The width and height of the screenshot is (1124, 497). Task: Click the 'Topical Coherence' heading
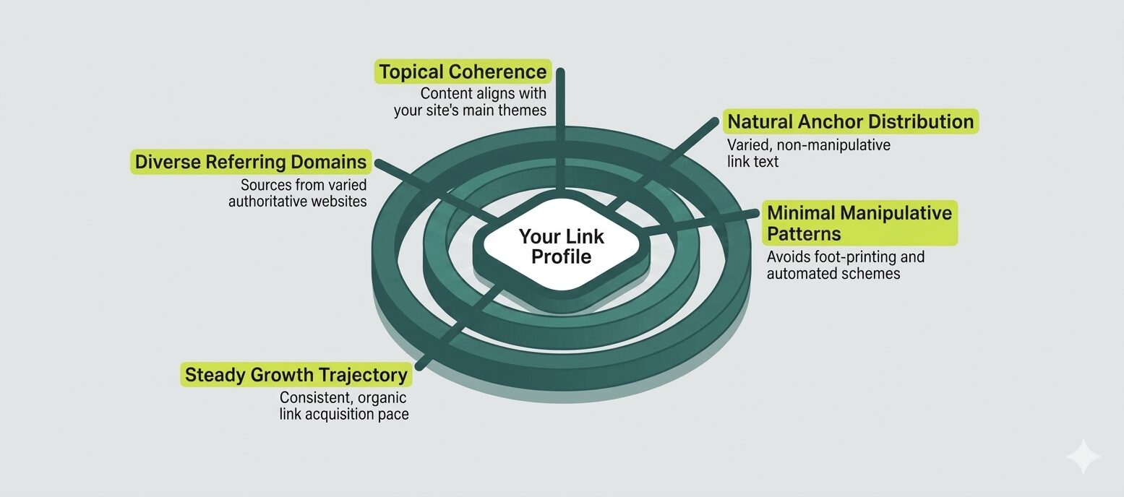pyautogui.click(x=463, y=72)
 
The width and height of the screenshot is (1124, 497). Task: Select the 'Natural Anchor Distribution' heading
pyautogui.click(x=850, y=121)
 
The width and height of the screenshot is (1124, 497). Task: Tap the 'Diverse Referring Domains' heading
pyautogui.click(x=251, y=162)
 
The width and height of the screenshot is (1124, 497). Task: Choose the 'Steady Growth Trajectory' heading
pyautogui.click(x=296, y=375)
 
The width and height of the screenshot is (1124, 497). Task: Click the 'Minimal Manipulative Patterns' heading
pyautogui.click(x=859, y=223)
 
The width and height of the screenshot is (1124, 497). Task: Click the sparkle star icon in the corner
pyautogui.click(x=1083, y=457)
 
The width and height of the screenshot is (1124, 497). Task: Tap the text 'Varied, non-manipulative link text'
pyautogui.click(x=808, y=153)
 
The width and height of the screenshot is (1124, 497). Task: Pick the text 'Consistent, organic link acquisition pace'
pyautogui.click(x=344, y=406)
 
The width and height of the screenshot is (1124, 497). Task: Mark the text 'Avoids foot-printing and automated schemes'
pyautogui.click(x=845, y=265)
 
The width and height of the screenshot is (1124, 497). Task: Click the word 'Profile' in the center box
pyautogui.click(x=562, y=257)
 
